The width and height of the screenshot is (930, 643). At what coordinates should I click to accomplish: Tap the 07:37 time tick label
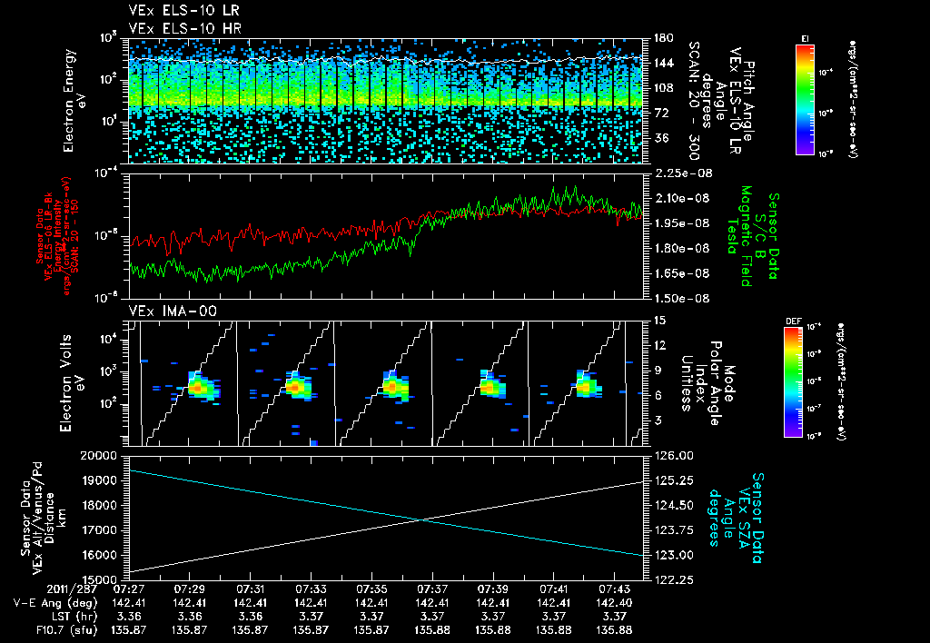coord(432,589)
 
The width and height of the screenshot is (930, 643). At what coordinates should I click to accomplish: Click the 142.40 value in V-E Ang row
coord(615,602)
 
